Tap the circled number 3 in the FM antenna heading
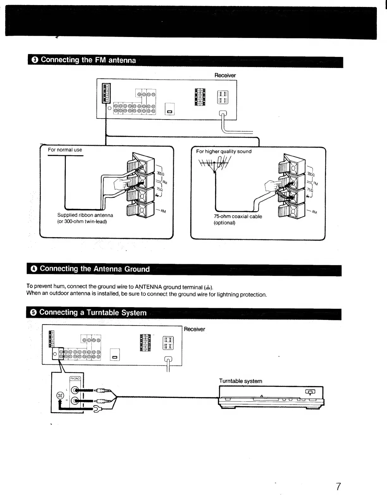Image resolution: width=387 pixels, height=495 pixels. (35, 60)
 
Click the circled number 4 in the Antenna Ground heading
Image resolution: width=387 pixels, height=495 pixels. (34, 269)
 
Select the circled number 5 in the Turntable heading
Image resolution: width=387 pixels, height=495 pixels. (34, 313)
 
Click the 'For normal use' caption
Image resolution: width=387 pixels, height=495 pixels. (65, 150)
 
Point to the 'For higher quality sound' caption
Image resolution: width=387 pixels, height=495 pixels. (224, 151)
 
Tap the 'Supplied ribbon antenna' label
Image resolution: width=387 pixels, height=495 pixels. (85, 215)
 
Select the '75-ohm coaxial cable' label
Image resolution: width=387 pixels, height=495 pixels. (238, 217)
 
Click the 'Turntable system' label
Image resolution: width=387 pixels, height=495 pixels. (241, 381)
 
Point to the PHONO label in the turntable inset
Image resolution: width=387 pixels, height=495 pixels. (75, 378)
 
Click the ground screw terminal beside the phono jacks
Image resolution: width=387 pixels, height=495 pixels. (60, 395)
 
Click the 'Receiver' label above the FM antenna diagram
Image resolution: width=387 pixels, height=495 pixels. (225, 75)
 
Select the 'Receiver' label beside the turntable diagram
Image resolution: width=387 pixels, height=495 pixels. (194, 329)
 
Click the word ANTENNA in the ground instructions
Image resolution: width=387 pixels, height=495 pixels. (148, 287)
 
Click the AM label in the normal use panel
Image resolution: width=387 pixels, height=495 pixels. (163, 211)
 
